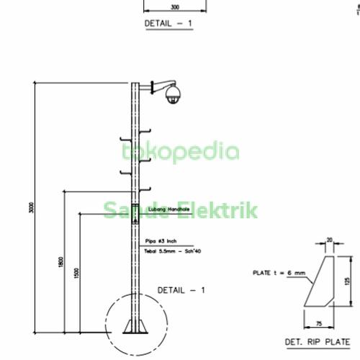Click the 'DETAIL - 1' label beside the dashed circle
coord(181,289)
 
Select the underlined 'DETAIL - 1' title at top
coord(169,23)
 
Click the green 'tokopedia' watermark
coord(181,152)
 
